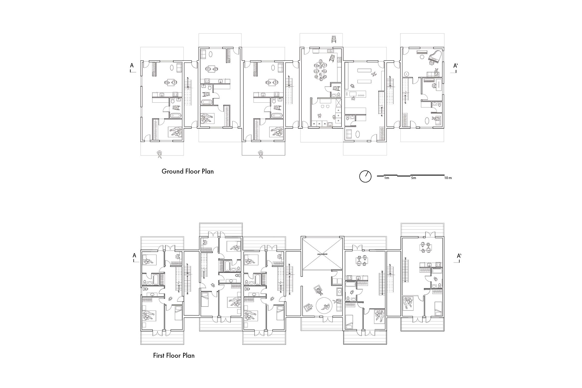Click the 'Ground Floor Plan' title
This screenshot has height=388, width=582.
tap(188, 171)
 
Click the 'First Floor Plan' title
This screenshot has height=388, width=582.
tap(174, 355)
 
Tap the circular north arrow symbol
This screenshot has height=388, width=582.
tap(365, 177)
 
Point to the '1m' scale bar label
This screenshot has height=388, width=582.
tap(386, 178)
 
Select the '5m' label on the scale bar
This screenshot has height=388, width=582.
tap(413, 178)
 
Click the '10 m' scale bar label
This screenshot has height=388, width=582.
tap(448, 178)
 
